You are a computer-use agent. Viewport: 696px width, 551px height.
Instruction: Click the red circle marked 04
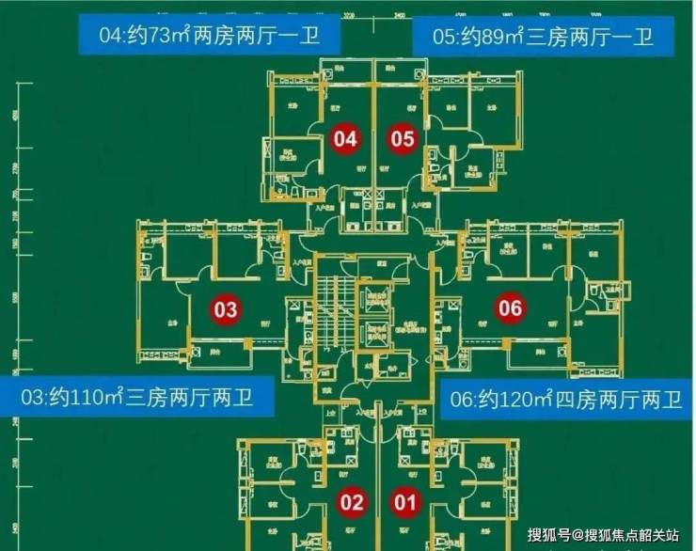coord(346,140)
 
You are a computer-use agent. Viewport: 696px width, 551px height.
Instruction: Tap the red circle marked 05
coord(403,140)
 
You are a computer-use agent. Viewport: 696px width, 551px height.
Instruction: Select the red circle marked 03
coord(226,308)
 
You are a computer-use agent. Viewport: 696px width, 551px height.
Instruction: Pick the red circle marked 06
coord(510,308)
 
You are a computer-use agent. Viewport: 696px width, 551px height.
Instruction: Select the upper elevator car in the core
coord(379,298)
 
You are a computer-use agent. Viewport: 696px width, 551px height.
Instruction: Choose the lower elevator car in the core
coord(379,336)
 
